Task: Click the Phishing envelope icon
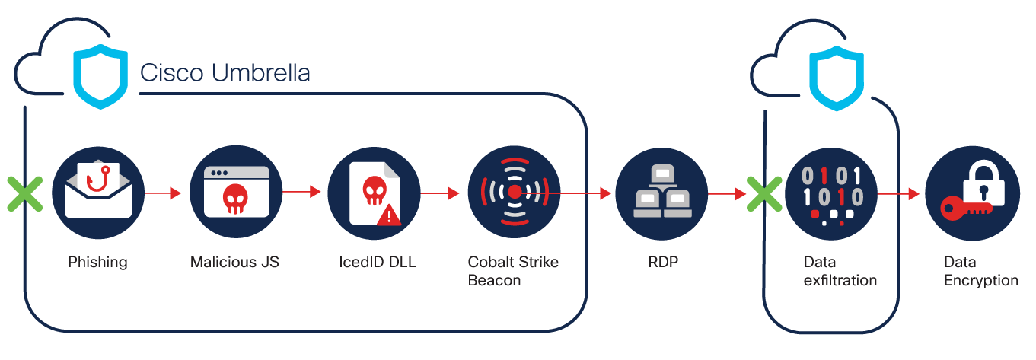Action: tap(98, 193)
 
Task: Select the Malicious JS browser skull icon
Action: tap(236, 193)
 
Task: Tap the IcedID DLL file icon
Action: tap(374, 193)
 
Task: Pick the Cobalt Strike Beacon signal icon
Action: tap(514, 193)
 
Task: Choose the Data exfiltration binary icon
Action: tap(831, 193)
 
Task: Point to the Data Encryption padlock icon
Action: tap(971, 193)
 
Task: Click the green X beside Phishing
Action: tap(25, 193)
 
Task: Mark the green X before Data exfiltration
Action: tap(764, 193)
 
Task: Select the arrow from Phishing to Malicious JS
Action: tap(164, 193)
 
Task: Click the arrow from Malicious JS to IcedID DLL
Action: tap(302, 193)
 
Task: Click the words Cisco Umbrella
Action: tap(225, 74)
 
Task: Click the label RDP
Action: tap(660, 263)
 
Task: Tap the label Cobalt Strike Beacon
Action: tap(512, 271)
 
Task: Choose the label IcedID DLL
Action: tap(373, 263)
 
